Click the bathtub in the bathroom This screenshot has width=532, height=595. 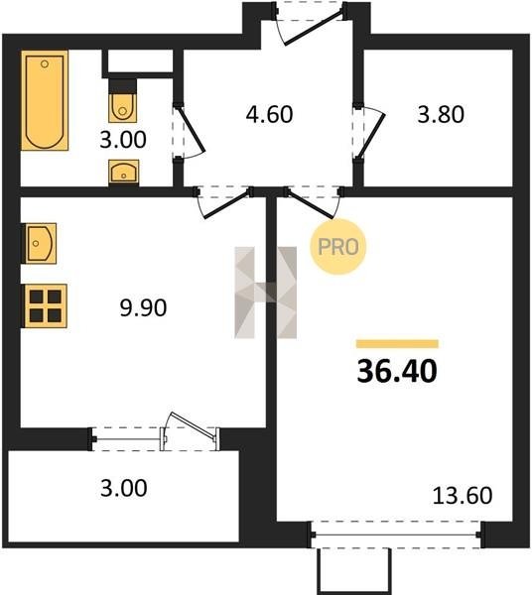tap(45, 100)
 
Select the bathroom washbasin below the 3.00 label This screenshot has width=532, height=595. tap(123, 173)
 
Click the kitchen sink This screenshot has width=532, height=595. tap(40, 243)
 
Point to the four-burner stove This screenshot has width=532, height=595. tap(46, 305)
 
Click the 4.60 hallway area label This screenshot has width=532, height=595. tap(269, 114)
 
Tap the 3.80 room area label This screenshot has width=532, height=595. tap(441, 114)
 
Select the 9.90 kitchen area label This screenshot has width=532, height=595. tap(143, 307)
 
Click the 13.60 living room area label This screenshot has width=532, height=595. tap(463, 495)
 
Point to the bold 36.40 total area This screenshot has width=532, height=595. tap(397, 371)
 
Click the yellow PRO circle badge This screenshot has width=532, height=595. tap(337, 247)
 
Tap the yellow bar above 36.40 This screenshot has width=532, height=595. tap(397, 344)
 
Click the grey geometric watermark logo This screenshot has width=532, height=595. tap(265, 293)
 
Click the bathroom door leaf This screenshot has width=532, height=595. tap(191, 130)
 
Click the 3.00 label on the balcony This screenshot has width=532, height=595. tap(124, 488)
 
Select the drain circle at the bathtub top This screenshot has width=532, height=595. tap(45, 63)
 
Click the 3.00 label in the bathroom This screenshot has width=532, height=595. tap(123, 140)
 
